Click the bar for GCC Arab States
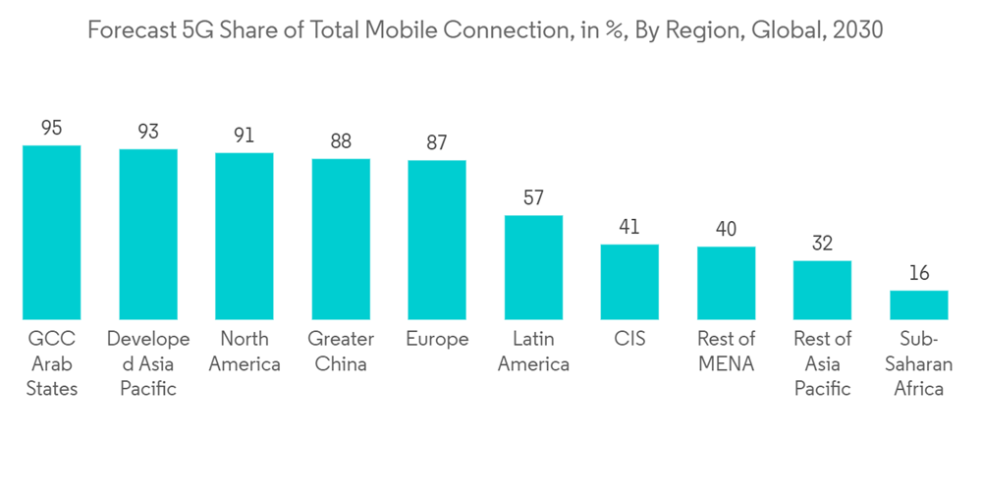(x=51, y=233)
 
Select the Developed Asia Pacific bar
(x=148, y=235)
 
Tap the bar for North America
(x=245, y=237)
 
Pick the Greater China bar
(x=341, y=240)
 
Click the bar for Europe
(x=437, y=241)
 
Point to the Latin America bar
(x=533, y=268)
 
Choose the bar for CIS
(x=629, y=283)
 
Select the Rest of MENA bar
(x=727, y=284)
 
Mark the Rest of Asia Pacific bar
(x=822, y=291)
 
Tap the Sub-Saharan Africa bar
(x=919, y=305)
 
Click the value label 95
(x=51, y=128)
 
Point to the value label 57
(x=533, y=197)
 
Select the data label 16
(x=919, y=273)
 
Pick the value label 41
(x=629, y=227)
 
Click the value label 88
(x=341, y=141)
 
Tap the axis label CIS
(x=629, y=339)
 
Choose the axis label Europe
(x=437, y=340)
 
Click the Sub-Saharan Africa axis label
(x=919, y=364)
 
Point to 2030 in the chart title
(x=856, y=30)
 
